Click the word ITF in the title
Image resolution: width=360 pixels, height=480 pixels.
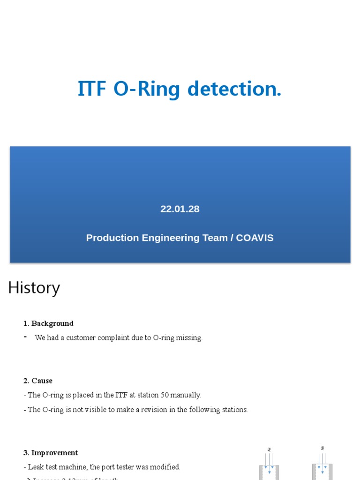(92, 89)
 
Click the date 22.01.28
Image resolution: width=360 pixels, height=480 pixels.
(180, 209)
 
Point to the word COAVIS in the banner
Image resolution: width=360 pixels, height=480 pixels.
(255, 238)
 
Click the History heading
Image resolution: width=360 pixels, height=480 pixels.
(34, 288)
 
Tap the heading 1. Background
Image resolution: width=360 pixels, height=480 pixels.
(48, 323)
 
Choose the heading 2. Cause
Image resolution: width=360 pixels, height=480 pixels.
(38, 381)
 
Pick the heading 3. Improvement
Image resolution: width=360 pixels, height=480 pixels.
(51, 453)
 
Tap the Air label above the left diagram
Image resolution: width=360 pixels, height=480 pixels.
(270, 450)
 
